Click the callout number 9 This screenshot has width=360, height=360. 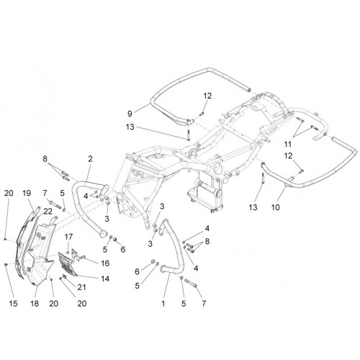[130, 114]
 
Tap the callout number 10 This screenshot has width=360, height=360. [276, 207]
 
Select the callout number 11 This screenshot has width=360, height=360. [287, 144]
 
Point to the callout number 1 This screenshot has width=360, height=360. [163, 304]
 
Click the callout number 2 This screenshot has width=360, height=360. [90, 158]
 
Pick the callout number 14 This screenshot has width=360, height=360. [105, 279]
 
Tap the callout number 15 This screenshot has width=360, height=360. [14, 304]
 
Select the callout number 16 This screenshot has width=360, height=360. [105, 264]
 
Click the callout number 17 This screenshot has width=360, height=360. [68, 237]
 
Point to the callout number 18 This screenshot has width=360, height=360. [35, 304]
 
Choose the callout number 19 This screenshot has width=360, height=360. [27, 193]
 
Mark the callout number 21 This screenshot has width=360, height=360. [81, 287]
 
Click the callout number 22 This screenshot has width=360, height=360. [48, 211]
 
